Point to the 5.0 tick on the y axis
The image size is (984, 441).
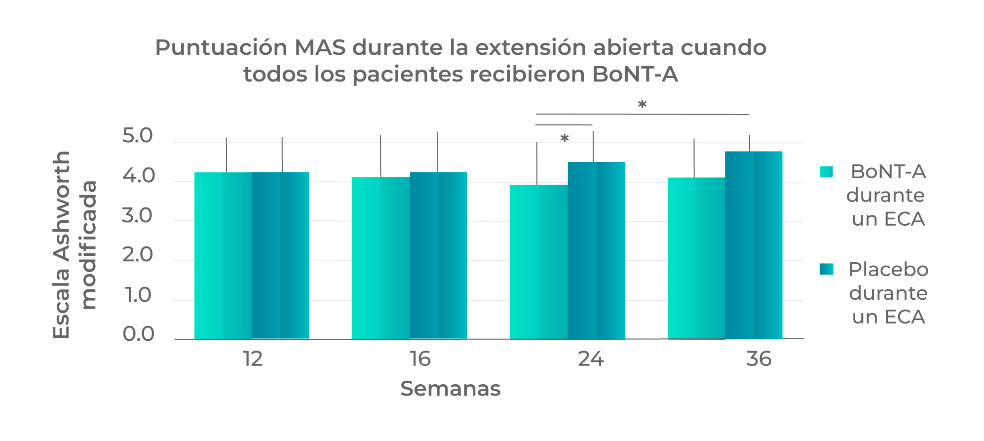[x=138, y=136]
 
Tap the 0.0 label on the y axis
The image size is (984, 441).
[x=138, y=334]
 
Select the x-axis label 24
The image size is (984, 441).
[x=591, y=359]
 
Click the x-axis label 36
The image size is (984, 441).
[x=758, y=359]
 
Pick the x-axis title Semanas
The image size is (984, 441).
[x=450, y=389]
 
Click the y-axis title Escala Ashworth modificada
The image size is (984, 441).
[x=74, y=245]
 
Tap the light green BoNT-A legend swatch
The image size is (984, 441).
[x=826, y=171]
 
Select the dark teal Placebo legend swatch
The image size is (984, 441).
[x=826, y=269]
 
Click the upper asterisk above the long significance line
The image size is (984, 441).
[x=642, y=104]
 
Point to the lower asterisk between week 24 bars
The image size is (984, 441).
[x=565, y=138]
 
